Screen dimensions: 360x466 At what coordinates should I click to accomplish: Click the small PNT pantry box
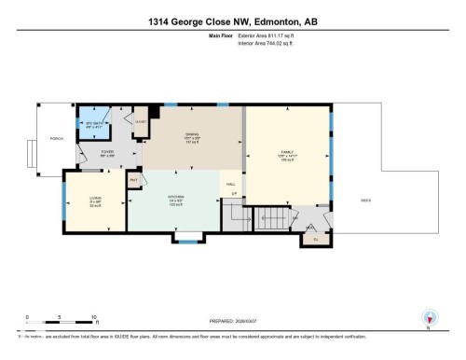133,179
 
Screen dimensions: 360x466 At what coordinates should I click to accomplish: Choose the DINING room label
193,142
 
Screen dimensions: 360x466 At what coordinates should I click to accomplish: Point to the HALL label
231,184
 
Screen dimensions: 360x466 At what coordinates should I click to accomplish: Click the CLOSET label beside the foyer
140,121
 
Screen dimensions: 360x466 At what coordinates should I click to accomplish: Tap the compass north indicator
429,317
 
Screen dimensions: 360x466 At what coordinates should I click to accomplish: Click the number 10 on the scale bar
94,318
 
